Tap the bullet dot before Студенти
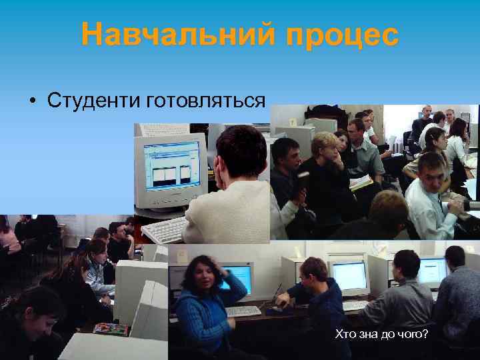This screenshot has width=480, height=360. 31,101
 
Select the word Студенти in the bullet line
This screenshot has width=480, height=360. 91,101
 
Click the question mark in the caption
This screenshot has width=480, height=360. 425,333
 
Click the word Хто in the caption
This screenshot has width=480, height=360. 345,333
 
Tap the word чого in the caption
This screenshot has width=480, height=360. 408,333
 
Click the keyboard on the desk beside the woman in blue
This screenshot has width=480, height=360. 243,311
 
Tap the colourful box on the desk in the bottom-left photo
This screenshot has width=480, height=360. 111,328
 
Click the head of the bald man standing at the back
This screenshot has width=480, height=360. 427,111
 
